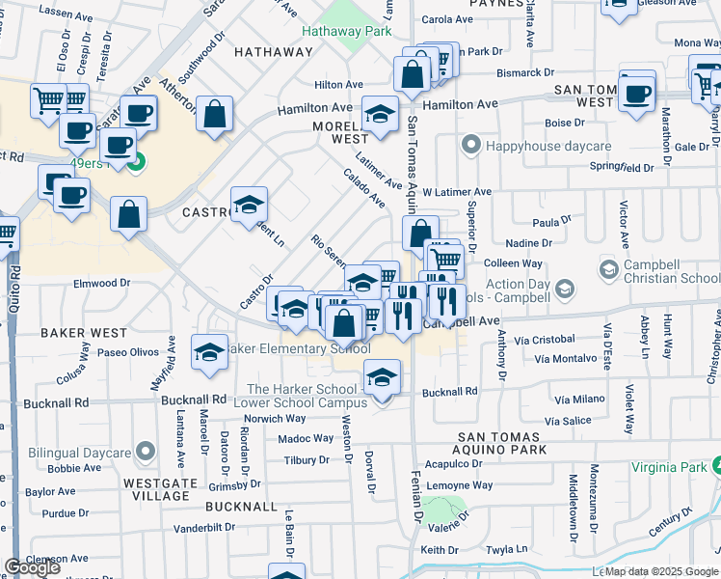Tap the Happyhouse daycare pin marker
470,146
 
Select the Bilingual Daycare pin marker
146,452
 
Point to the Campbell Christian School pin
609,267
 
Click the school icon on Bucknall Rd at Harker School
383,376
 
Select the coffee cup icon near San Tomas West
636,94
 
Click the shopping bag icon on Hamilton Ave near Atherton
214,114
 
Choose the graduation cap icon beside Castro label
249,204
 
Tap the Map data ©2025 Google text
661,571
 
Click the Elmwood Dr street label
101,284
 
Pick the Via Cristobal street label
544,340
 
